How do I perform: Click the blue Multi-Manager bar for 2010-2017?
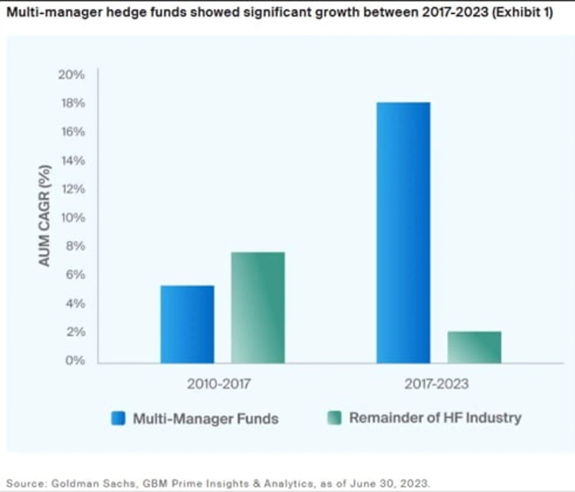point(187,324)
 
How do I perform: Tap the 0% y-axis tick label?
point(74,360)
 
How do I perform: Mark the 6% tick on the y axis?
point(74,275)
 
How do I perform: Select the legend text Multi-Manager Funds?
point(205,418)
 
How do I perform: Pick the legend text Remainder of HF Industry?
point(435,418)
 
